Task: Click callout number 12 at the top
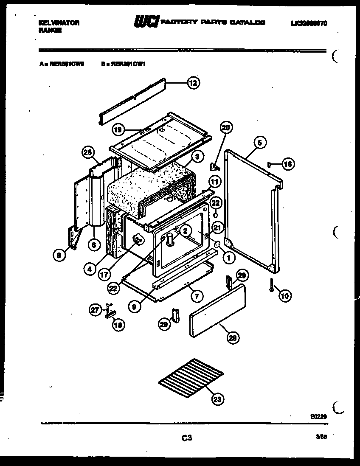[193, 83]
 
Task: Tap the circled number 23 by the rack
[217, 399]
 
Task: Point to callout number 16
[288, 164]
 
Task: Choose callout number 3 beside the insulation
[196, 157]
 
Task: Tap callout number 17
[104, 274]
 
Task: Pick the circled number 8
[58, 255]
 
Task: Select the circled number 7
[196, 297]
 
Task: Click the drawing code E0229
[318, 416]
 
